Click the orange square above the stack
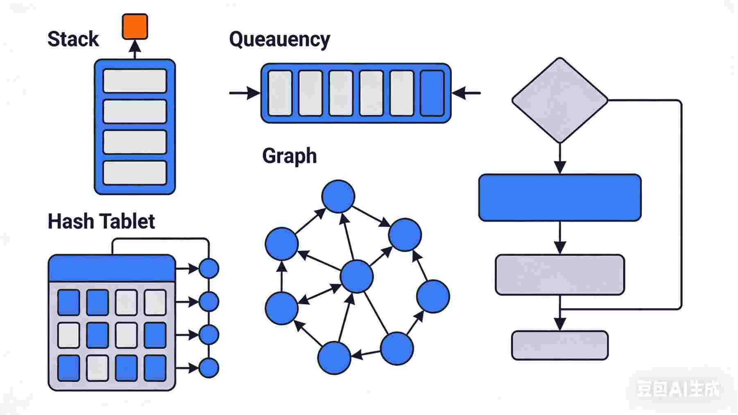[135, 27]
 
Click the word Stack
[73, 39]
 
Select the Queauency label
[279, 40]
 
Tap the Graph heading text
[289, 156]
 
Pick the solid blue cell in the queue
[432, 93]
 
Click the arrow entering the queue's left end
[244, 93]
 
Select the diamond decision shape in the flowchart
[559, 100]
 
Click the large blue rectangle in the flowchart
[559, 197]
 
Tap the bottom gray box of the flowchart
[559, 345]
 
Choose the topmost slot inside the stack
[135, 81]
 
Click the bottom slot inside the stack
[135, 172]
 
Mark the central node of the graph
[357, 277]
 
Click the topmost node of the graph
[338, 196]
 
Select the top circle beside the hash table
[209, 269]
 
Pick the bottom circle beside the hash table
[209, 367]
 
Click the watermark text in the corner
[677, 389]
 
